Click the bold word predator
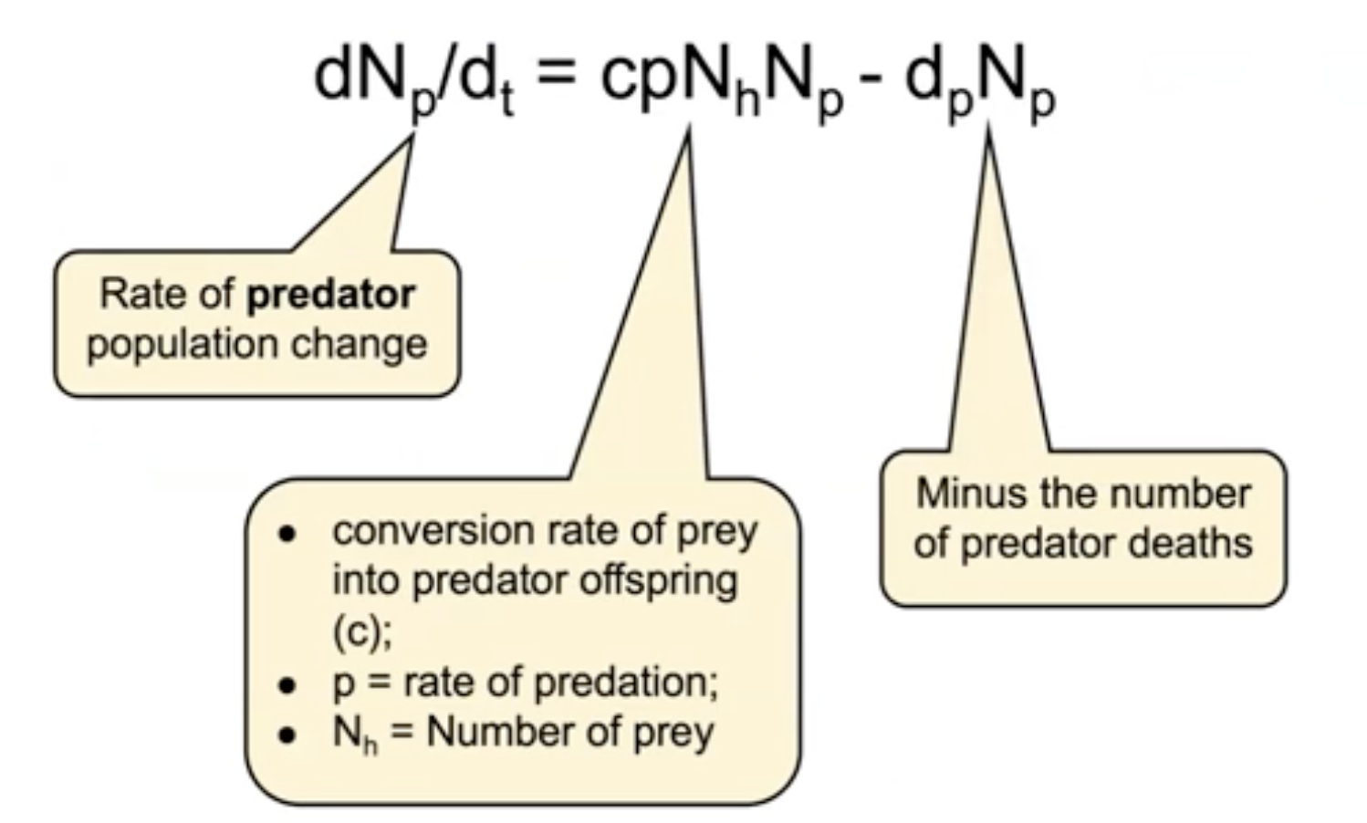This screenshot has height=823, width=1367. (x=331, y=296)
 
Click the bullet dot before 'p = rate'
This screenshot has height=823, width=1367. (x=288, y=684)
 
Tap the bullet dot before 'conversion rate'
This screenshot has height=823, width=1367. (x=288, y=533)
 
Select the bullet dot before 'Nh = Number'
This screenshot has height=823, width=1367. (x=288, y=734)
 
